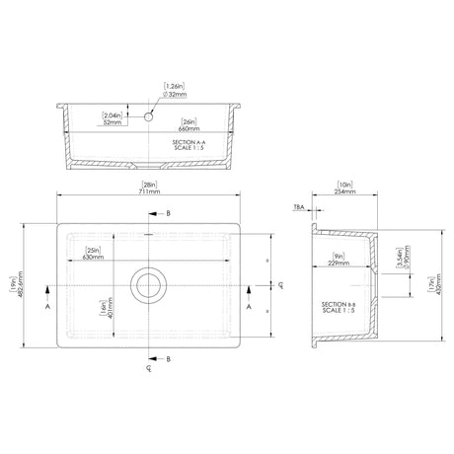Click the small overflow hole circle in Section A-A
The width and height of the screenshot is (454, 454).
coord(149,116)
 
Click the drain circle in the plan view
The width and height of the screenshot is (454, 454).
coord(149,284)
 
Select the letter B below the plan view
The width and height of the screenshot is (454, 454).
coord(168,358)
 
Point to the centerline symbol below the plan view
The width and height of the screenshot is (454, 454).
coord(147,371)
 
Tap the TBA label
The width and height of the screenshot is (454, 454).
coord(298,208)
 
